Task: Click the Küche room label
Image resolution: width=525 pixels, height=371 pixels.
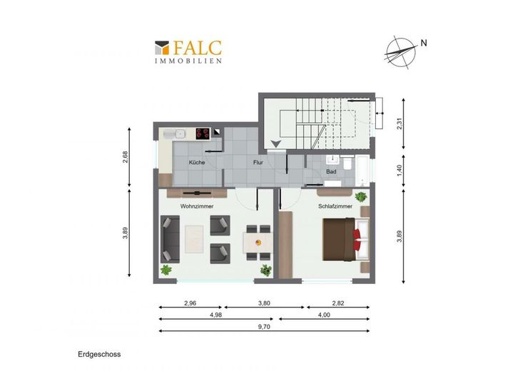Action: pyautogui.click(x=197, y=163)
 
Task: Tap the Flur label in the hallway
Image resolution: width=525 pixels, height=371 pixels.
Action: pyautogui.click(x=258, y=163)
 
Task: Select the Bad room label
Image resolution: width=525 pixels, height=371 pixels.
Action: pyautogui.click(x=331, y=171)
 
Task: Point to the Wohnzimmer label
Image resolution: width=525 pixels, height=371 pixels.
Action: pyautogui.click(x=197, y=206)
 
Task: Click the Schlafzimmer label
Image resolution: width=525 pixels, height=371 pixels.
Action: pyautogui.click(x=335, y=206)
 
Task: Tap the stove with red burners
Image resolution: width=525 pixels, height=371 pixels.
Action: pyautogui.click(x=203, y=133)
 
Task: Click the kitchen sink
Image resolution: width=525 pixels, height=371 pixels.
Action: pyautogui.click(x=174, y=134)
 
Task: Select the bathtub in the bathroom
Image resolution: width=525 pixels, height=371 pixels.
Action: pyautogui.click(x=362, y=171)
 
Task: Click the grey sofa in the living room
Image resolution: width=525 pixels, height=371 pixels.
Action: pyautogui.click(x=170, y=239)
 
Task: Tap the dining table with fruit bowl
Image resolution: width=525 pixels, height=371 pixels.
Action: pyautogui.click(x=258, y=243)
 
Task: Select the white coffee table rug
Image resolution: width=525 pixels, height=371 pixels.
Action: pyautogui.click(x=194, y=239)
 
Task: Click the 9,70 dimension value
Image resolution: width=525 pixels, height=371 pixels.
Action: pyautogui.click(x=264, y=327)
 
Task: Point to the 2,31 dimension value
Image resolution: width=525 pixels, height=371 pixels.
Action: pyautogui.click(x=399, y=124)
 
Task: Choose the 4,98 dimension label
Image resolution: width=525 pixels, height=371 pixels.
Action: pyautogui.click(x=216, y=315)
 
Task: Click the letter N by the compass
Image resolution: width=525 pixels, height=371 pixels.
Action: pyautogui.click(x=424, y=43)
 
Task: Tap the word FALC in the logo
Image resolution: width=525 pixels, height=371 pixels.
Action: pyautogui.click(x=198, y=48)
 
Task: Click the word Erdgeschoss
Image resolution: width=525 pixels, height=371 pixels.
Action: pyautogui.click(x=99, y=355)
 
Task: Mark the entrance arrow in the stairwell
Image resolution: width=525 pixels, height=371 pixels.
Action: pyautogui.click(x=276, y=144)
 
